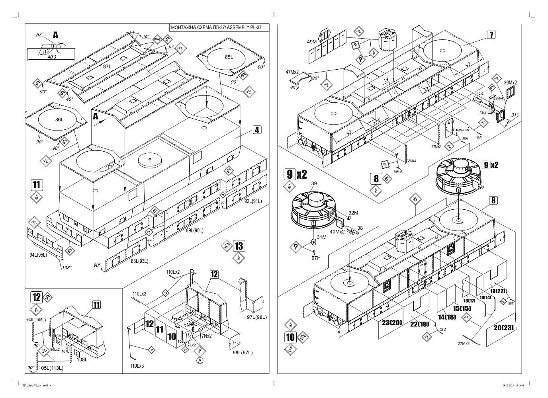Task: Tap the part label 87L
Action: point(107,66)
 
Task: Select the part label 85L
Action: point(229,57)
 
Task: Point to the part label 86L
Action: point(59,119)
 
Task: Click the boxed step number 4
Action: point(257,130)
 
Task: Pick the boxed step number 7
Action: point(491,35)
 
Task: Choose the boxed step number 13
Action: point(239,246)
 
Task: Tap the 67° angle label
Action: point(40,35)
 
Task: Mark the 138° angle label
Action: point(67,268)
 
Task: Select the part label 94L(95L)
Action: point(38,255)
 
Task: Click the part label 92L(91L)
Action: point(253,201)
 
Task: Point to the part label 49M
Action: point(311,41)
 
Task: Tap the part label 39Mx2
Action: point(510,82)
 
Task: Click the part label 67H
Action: point(316,258)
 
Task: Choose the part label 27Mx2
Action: point(464,343)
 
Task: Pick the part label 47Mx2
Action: point(292,72)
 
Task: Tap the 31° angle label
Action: point(515,115)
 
